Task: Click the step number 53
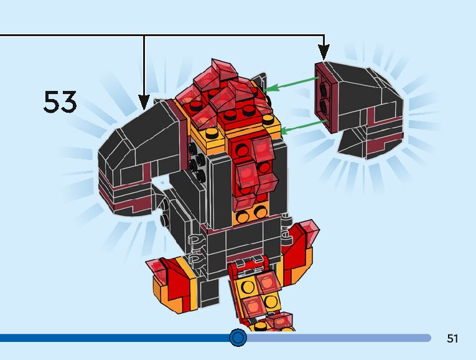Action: [60, 102]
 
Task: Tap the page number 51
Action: [452, 339]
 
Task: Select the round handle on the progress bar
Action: [238, 338]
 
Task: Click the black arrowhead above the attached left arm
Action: [144, 102]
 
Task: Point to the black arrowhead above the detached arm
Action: [324, 53]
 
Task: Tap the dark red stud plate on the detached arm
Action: [324, 97]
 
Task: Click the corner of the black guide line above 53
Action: [144, 36]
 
